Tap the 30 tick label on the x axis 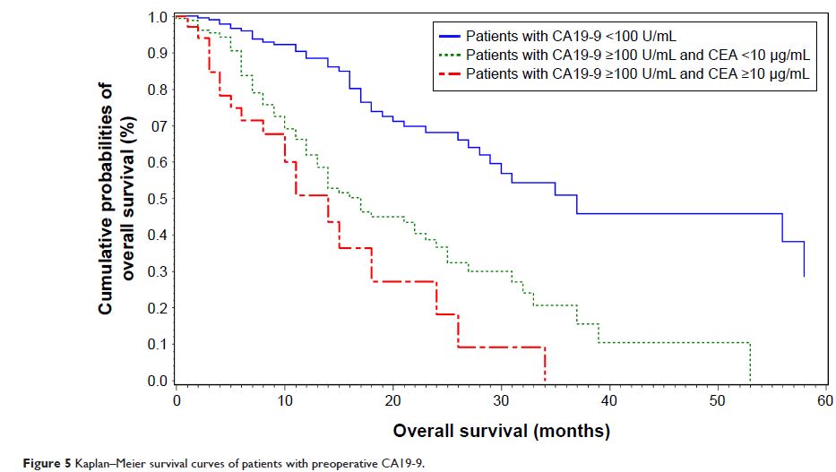[x=501, y=399]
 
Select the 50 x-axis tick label [x=717, y=399]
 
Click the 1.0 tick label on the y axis [x=157, y=17]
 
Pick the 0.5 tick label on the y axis [x=157, y=199]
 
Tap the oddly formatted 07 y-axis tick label [x=157, y=126]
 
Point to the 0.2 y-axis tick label [x=157, y=308]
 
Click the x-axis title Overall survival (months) [x=501, y=431]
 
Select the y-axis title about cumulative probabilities [x=116, y=199]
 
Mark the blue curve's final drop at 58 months [x=804, y=260]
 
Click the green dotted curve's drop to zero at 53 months [x=750, y=363]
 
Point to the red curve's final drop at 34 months [x=545, y=365]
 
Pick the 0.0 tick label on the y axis [x=157, y=382]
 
